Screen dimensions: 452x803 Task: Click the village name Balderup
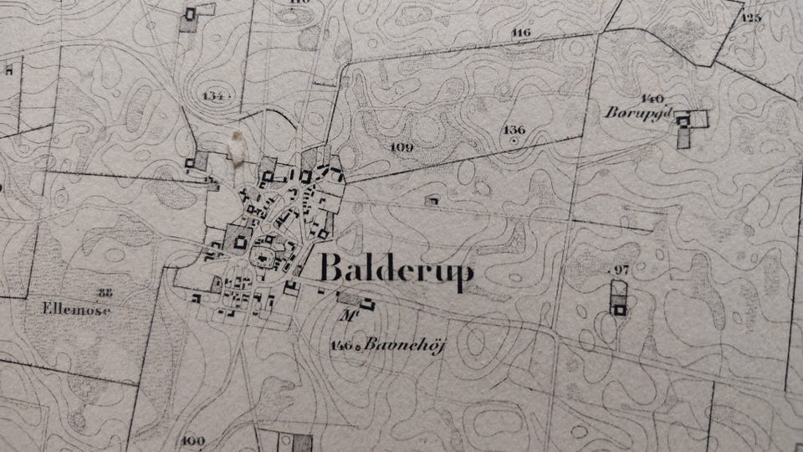tap(396, 270)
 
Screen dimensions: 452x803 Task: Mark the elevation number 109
tap(402, 147)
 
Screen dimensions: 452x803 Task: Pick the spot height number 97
tap(620, 268)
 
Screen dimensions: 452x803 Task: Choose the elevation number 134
tap(214, 96)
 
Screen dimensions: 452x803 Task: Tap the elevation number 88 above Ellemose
tap(105, 292)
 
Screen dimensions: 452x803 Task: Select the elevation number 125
tap(751, 17)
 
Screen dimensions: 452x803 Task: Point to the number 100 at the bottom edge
tap(192, 441)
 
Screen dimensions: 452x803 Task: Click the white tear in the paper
tap(235, 145)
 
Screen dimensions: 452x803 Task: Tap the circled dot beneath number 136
tap(514, 141)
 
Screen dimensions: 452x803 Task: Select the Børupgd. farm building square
tap(683, 121)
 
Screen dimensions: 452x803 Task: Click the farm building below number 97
tap(618, 310)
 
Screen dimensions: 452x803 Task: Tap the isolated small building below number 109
tap(432, 201)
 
